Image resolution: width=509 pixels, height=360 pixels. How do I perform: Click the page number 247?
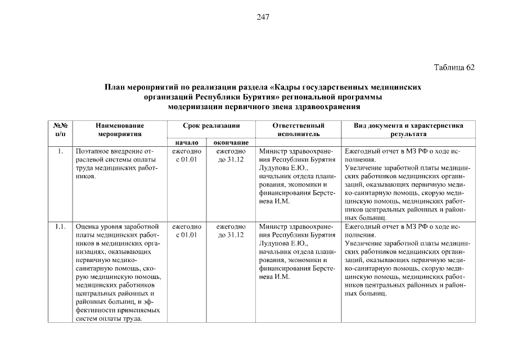tap(263, 17)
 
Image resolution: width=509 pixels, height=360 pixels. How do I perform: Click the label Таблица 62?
tap(454, 67)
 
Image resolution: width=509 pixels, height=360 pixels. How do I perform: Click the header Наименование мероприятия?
tap(119, 130)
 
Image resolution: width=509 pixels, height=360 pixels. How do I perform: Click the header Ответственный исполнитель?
tap(298, 130)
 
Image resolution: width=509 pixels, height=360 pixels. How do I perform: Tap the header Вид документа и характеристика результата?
tap(408, 130)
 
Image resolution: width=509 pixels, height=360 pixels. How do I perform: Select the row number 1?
tap(60, 152)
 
